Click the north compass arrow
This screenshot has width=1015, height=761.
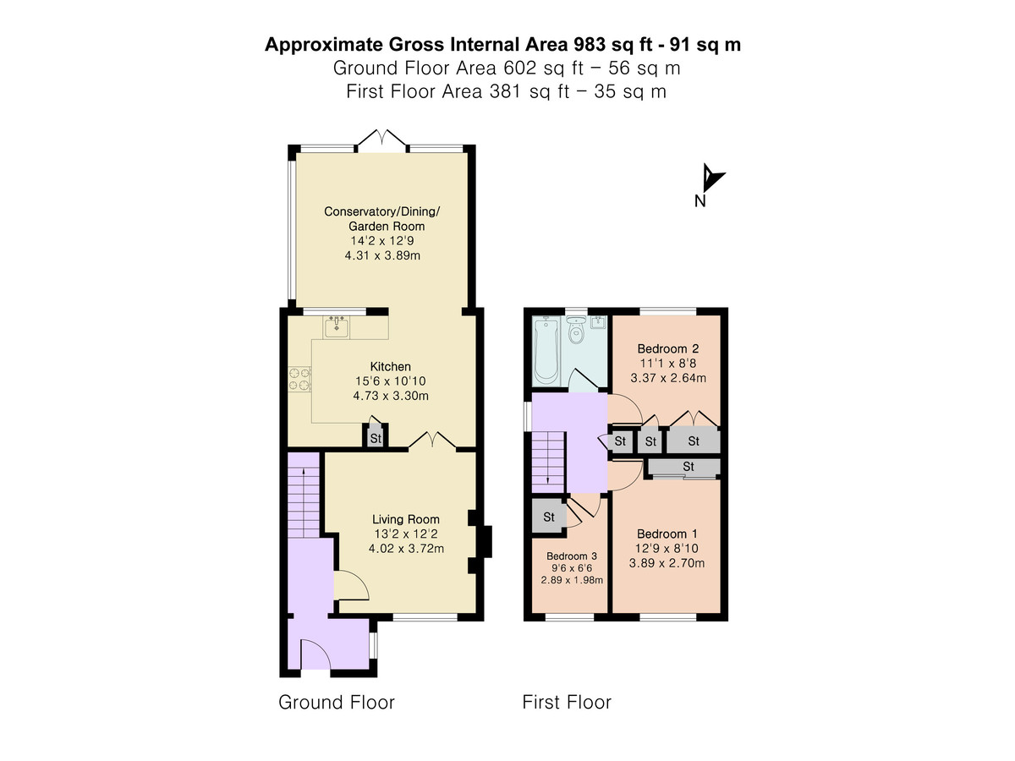(x=712, y=178)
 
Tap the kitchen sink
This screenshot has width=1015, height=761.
(x=336, y=326)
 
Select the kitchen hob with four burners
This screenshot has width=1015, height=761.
(x=299, y=379)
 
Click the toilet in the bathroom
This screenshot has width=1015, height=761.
(x=576, y=330)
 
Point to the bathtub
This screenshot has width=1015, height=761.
(x=546, y=350)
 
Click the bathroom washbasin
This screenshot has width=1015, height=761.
(x=598, y=322)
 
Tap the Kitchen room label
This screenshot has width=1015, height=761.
(x=390, y=367)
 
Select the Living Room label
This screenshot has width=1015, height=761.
(x=405, y=519)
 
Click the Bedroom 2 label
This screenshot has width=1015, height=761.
(x=667, y=349)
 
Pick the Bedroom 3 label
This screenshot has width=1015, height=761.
(x=572, y=556)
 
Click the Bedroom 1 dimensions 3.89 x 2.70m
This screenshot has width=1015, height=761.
(x=667, y=563)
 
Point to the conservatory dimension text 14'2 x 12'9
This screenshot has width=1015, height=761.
(x=382, y=241)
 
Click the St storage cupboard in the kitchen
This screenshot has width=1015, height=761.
(x=376, y=436)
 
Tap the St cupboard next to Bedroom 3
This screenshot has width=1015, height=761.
(x=549, y=517)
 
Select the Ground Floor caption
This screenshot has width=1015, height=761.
(x=336, y=703)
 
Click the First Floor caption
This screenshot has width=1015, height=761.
(x=567, y=703)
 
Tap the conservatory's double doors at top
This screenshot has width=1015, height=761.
(x=382, y=140)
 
